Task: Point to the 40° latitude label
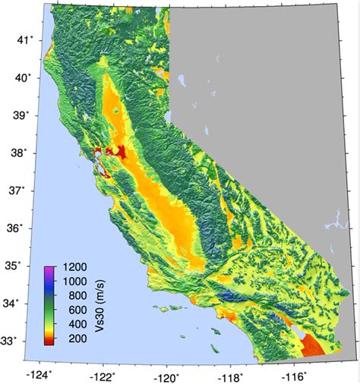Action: tap(26, 77)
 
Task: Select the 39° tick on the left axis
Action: tap(26, 115)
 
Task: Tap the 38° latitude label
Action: tap(26, 153)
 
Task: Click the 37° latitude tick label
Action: tap(26, 190)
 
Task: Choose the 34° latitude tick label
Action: tap(26, 304)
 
